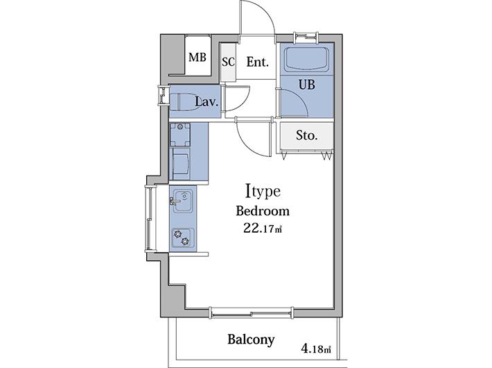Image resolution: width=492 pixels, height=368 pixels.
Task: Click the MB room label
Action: tap(197, 57)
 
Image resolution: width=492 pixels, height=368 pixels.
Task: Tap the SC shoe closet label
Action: tap(228, 62)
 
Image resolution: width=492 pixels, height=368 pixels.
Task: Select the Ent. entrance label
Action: tap(257, 62)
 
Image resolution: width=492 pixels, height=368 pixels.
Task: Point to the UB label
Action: tap(306, 84)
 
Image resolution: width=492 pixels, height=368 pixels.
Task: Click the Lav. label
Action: tap(207, 102)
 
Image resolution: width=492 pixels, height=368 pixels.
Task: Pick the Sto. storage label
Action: tap(306, 135)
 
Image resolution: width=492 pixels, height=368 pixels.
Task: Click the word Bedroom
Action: tap(263, 211)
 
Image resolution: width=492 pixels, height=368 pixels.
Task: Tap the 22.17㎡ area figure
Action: tap(263, 228)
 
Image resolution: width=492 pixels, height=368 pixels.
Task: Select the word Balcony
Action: tap(251, 340)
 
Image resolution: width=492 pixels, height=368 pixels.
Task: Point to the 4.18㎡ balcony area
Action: tap(316, 349)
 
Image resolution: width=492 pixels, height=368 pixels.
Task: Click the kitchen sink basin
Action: tap(183, 201)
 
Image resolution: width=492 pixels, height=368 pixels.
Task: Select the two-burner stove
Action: tap(183, 237)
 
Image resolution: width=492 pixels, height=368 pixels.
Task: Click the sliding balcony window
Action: tap(251, 313)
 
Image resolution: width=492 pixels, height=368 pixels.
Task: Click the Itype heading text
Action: tap(263, 192)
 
